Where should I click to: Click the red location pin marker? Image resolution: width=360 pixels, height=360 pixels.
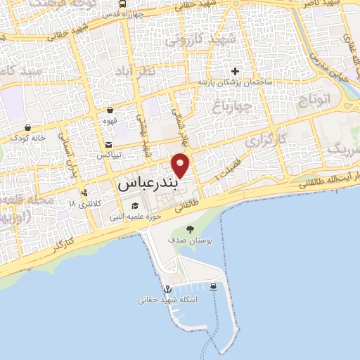click(x=181, y=165)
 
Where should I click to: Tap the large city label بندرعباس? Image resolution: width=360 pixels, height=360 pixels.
click(x=146, y=184)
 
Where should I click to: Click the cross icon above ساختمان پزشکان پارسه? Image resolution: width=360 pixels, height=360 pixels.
click(x=235, y=71)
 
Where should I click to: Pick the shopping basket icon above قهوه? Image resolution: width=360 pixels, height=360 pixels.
click(x=110, y=110)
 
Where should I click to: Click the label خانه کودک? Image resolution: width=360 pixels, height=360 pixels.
click(x=28, y=139)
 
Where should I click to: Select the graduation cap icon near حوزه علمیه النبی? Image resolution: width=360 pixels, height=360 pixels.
click(x=134, y=206)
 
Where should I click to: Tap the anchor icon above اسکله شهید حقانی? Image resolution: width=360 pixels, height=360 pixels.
click(x=167, y=289)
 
